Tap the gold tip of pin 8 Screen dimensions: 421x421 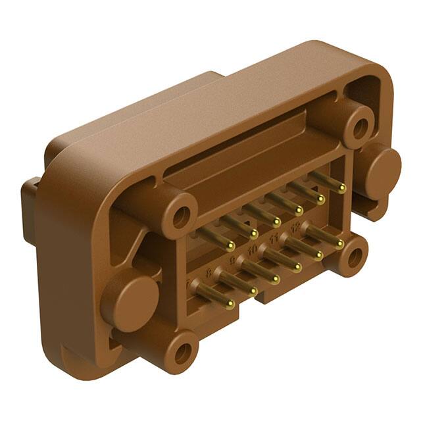[253, 291]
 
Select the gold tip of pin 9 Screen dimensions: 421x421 [276, 280]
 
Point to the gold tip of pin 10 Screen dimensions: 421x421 [297, 268]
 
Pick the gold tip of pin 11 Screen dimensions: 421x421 [318, 256]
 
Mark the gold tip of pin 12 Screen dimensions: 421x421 [339, 244]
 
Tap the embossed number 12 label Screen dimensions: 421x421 [295, 227]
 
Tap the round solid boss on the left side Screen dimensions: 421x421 [128, 302]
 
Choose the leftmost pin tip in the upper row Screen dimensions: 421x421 [230, 246]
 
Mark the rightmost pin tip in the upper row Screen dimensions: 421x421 [341, 188]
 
